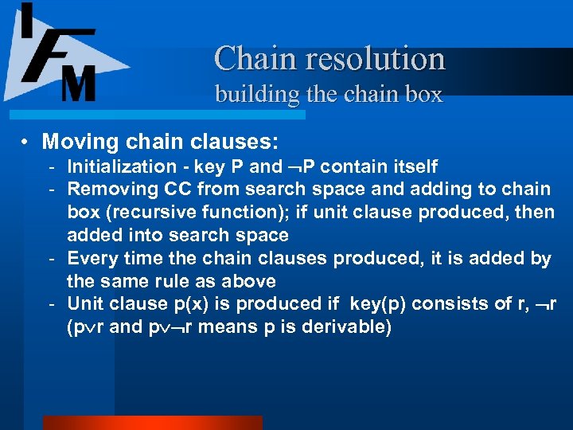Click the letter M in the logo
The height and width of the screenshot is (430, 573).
tap(79, 83)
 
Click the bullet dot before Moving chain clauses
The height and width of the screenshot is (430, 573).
tap(26, 143)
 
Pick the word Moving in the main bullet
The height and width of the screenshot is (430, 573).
tap(75, 143)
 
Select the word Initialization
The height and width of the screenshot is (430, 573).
tap(122, 166)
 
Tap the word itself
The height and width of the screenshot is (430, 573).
tap(411, 166)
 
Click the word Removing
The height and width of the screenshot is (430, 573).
tap(107, 190)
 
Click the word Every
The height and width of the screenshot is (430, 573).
tap(91, 259)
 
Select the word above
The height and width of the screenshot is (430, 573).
tap(250, 282)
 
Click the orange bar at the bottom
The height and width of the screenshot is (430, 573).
tap(152, 423)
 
